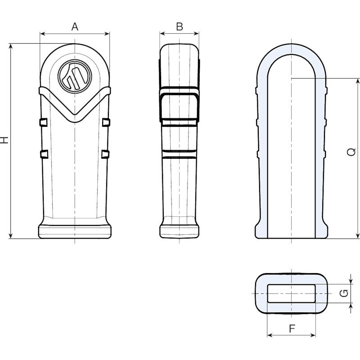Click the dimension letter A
click(x=75, y=27)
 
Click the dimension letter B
click(x=180, y=27)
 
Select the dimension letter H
click(x=4, y=140)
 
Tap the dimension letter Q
click(x=351, y=152)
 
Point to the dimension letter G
click(x=344, y=293)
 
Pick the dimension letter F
click(x=292, y=329)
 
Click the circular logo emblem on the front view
click(x=75, y=76)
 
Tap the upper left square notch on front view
click(x=44, y=122)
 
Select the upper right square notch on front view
click(x=106, y=122)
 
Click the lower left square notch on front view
click(x=44, y=154)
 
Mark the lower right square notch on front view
click(x=105, y=154)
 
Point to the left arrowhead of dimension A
click(x=42, y=34)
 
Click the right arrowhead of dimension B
click(x=197, y=34)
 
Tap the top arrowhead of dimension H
click(x=10, y=46)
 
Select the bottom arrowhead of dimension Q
click(x=357, y=236)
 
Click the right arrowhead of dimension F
click(x=313, y=335)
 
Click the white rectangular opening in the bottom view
click(x=291, y=293)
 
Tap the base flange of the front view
click(x=75, y=232)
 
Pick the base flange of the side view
click(x=179, y=232)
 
